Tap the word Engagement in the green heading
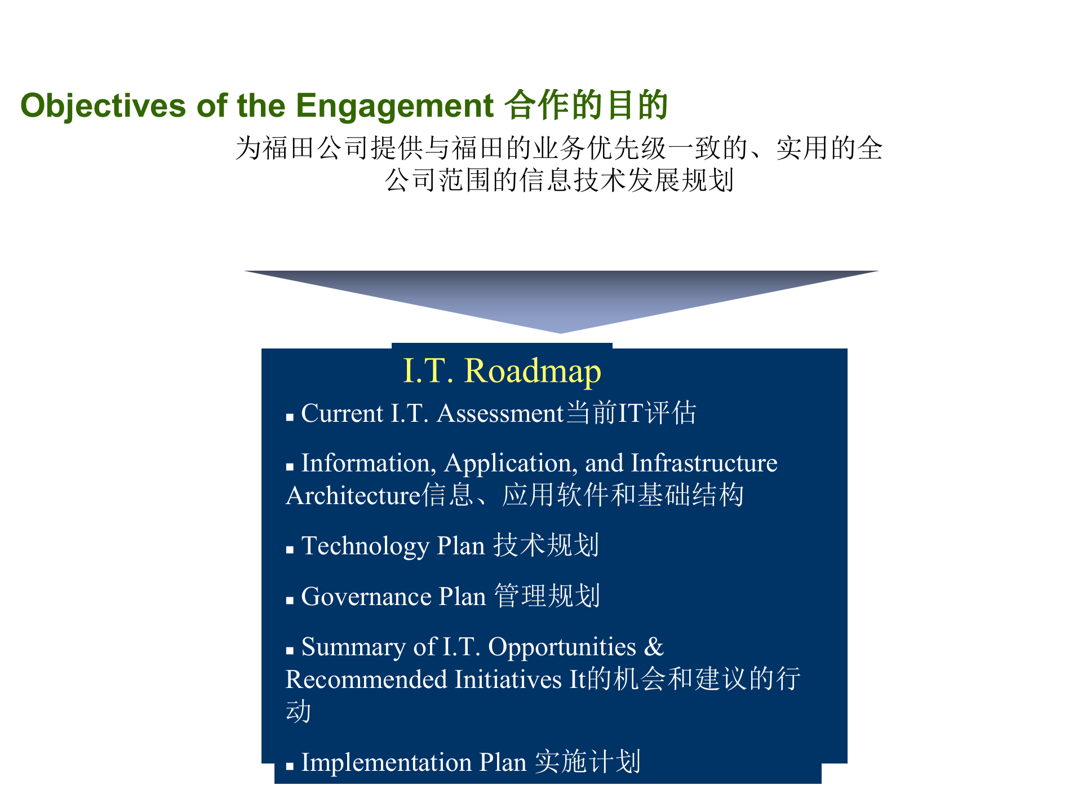tap(394, 106)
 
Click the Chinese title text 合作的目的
tap(586, 105)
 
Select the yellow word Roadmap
tap(533, 371)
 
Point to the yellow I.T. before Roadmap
tap(428, 371)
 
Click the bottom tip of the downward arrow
tap(561, 332)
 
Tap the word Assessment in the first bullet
tap(500, 413)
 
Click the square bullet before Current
tap(290, 418)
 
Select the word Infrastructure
tap(704, 463)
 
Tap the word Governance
tap(366, 597)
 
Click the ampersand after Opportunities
tap(654, 647)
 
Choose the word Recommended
tap(366, 679)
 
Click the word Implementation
tap(386, 762)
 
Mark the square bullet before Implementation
tap(290, 766)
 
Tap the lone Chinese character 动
tap(298, 712)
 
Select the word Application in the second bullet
tap(509, 464)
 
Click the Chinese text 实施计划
tap(588, 762)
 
